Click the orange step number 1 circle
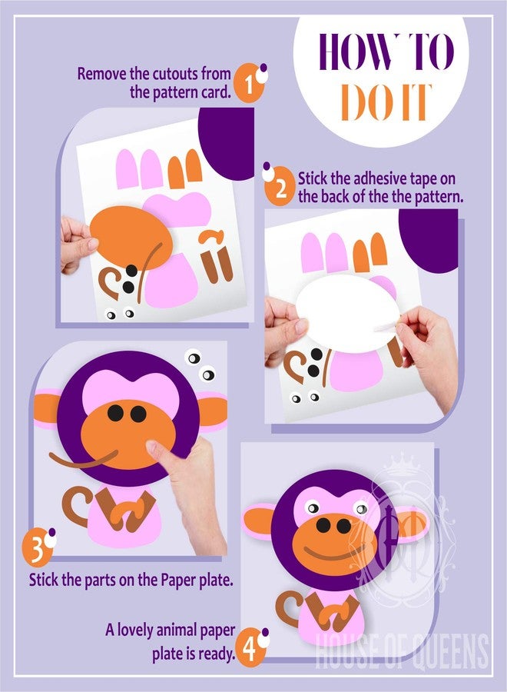248,83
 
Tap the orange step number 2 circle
280,186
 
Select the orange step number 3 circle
37,547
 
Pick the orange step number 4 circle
250,647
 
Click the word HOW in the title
360,52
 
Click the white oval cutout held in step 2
348,314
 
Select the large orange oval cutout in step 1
131,238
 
